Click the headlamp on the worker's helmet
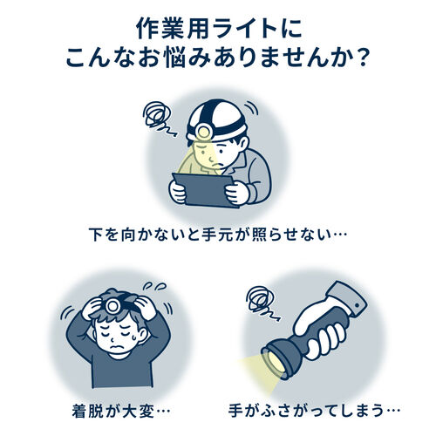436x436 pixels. coord(203,132)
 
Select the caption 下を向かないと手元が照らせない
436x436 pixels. coord(218,235)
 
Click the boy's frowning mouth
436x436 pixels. coord(117,347)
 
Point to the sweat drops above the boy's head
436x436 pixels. coord(154,286)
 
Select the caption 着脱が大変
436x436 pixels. coord(121,412)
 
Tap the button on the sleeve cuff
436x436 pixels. coord(357,305)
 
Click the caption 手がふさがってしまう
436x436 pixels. coord(314,412)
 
